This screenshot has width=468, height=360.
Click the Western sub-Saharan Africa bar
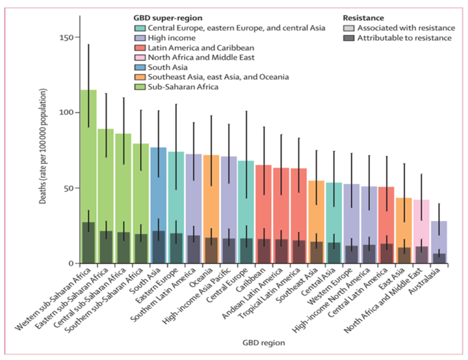tap(88, 177)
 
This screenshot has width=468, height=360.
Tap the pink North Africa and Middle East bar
tap(421, 231)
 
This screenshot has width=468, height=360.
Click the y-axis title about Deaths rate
tap(44, 146)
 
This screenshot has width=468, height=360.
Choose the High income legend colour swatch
tap(141, 38)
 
